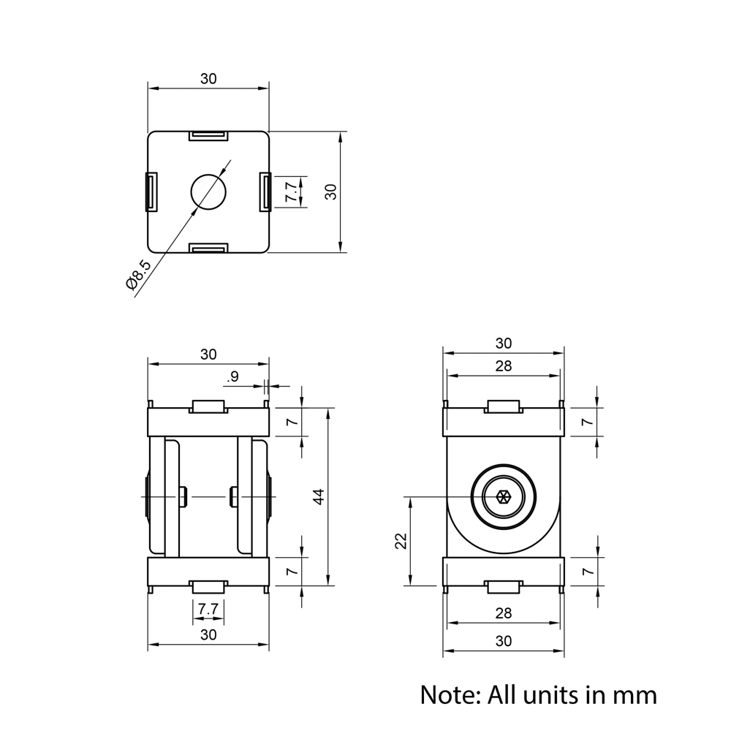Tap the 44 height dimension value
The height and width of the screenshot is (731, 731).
pos(318,497)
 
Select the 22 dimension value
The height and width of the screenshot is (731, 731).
pos(400,541)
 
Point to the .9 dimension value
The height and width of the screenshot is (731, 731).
pos(233,377)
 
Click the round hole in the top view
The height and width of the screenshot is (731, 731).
pos(209,192)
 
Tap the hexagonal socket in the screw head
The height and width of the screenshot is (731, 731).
pos(503,498)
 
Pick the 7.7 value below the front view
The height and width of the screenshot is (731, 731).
pos(208,608)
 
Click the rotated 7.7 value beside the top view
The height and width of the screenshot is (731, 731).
pos(292,192)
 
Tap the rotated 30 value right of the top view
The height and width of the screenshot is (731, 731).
pos(331,192)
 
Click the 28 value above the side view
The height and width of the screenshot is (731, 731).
pos(503,366)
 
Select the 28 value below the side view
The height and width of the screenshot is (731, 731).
pos(503,613)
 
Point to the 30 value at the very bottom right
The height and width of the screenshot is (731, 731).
pos(503,641)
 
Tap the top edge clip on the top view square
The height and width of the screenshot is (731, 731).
pos(208,135)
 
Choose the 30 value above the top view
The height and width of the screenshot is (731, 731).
pos(208,79)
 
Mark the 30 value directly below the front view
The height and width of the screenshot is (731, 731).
pos(208,635)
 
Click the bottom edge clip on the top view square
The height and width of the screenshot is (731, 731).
pos(208,249)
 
